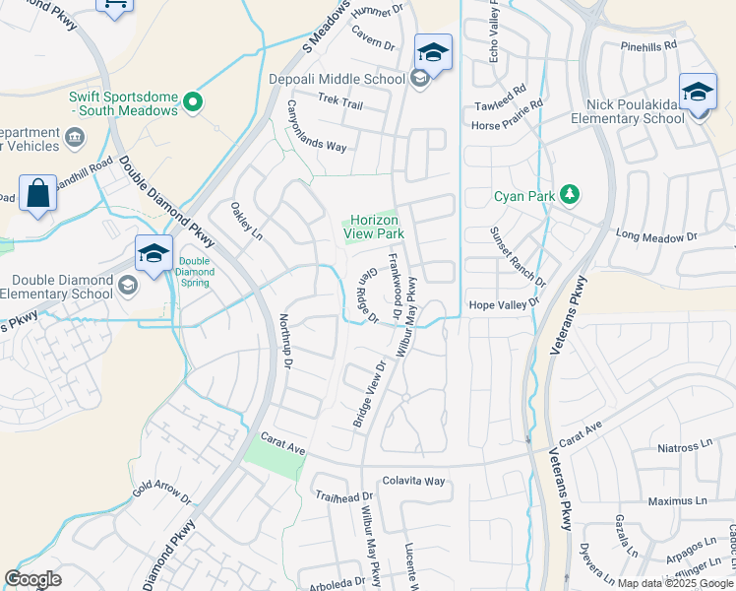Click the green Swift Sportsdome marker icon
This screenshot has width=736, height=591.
pyautogui.click(x=194, y=99)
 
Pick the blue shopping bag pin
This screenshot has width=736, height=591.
pyautogui.click(x=37, y=194)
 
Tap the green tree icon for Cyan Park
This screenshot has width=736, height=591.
pyautogui.click(x=568, y=194)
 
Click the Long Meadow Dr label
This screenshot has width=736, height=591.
pyautogui.click(x=655, y=236)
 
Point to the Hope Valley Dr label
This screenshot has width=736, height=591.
pyautogui.click(x=505, y=304)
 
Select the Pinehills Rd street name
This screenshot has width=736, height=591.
pyautogui.click(x=649, y=45)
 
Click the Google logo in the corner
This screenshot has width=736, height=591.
pyautogui.click(x=32, y=579)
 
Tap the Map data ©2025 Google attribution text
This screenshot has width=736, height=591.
pyautogui.click(x=675, y=583)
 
